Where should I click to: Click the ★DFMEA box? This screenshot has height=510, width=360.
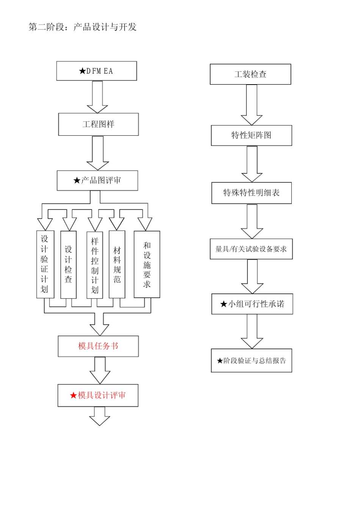97,71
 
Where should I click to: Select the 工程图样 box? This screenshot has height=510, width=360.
99,124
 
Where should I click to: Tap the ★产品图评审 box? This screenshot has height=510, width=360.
97,180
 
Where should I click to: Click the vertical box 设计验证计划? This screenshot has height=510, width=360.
45,264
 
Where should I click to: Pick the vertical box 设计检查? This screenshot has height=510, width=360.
68,265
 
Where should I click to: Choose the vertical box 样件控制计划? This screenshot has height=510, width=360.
95,265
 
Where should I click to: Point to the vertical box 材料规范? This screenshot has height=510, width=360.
117,265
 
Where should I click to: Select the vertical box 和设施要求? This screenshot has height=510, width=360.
147,264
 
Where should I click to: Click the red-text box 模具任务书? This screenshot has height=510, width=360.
98,346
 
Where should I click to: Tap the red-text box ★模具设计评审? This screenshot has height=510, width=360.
98,395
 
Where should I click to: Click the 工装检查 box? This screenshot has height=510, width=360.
250,74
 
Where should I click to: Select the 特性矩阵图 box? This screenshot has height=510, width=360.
252,135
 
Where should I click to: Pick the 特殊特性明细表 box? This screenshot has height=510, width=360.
252,193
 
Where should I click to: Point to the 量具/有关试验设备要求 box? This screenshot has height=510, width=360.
251,249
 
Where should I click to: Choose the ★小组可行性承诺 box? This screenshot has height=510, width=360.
252,304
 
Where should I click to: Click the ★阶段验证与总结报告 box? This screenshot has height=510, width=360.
252,361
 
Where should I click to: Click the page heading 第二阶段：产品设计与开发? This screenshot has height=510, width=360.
83,27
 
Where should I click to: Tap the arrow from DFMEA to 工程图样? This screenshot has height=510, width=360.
97,97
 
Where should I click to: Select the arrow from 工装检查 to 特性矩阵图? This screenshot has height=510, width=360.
252,105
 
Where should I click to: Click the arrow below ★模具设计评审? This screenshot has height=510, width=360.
100,416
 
